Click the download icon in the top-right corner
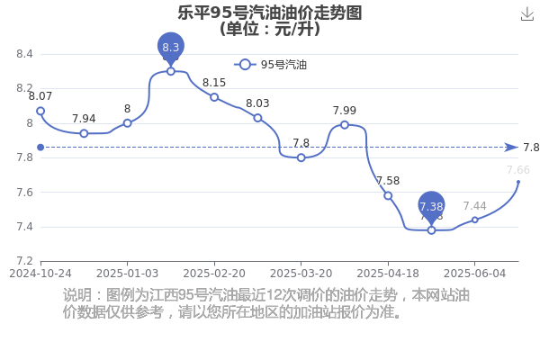[x=526, y=14]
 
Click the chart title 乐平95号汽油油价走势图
[x=270, y=13]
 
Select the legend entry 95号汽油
[x=270, y=65]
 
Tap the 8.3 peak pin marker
[x=171, y=48]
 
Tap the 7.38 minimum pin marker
[x=431, y=207]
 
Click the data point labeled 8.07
[x=40, y=111]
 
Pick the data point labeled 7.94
[x=84, y=133]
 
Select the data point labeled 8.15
[x=214, y=97]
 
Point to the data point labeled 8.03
[x=257, y=118]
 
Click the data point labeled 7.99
[x=345, y=125]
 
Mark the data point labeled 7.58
[x=388, y=195]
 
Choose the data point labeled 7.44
[x=475, y=220]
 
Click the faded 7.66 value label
[x=518, y=170]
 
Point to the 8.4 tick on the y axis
[x=24, y=54]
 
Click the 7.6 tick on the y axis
[x=24, y=193]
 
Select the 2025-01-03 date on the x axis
[x=128, y=274]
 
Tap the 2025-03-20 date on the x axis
[x=301, y=274]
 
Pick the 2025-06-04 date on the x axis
[x=475, y=274]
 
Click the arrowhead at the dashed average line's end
[x=511, y=148]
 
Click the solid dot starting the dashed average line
[x=40, y=148]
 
